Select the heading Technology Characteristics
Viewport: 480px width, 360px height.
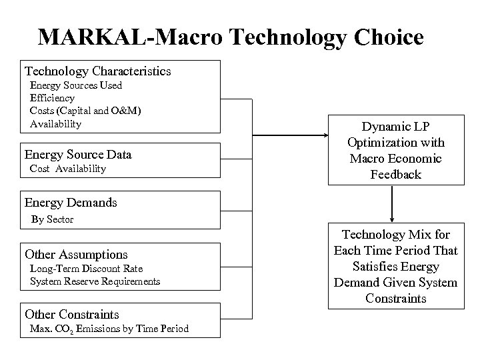click(x=98, y=71)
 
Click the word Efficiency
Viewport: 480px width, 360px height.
click(x=52, y=98)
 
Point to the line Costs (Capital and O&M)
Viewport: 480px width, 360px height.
click(x=85, y=111)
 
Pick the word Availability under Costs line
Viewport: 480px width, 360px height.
click(x=55, y=123)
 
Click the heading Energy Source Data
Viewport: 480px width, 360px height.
click(x=78, y=155)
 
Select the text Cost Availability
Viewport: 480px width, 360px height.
click(x=68, y=169)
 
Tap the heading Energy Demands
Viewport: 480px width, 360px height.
click(x=71, y=202)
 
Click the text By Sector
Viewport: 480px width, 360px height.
click(x=52, y=219)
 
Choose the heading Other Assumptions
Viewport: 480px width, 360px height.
click(x=76, y=254)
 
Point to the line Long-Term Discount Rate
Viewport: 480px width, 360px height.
click(x=86, y=268)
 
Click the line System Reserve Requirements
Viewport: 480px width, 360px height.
click(x=95, y=281)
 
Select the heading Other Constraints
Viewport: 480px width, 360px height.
click(x=72, y=314)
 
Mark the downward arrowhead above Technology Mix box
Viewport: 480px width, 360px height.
click(x=392, y=217)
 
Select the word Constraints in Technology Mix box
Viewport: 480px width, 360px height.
click(x=395, y=298)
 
